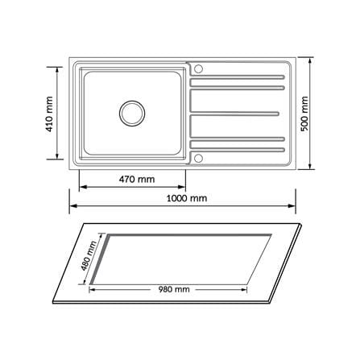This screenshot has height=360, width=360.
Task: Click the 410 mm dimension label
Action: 50,114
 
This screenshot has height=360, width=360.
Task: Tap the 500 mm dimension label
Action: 304,114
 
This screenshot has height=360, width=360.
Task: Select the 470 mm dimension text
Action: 137,179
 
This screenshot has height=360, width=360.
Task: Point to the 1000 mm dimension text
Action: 187,198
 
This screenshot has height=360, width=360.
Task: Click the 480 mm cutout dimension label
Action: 89,256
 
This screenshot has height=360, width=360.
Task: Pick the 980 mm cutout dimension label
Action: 174,289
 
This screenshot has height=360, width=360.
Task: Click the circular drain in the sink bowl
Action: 132,114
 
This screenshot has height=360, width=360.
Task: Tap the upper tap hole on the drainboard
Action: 198,68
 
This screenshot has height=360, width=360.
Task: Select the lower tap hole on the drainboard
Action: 198,158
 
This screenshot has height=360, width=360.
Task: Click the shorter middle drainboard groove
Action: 234,114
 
